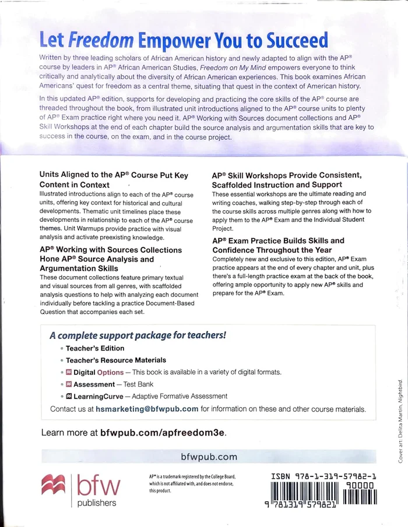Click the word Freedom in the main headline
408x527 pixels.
101,40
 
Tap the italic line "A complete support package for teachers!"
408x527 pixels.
138,335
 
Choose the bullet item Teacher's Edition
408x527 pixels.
95,348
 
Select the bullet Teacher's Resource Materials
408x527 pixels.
115,360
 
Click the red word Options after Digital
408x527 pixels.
110,373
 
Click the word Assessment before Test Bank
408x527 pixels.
94,385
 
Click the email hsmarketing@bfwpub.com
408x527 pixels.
147,409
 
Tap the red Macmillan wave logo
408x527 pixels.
54,485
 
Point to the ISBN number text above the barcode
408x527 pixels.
323,476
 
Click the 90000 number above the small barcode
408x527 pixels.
360,485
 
